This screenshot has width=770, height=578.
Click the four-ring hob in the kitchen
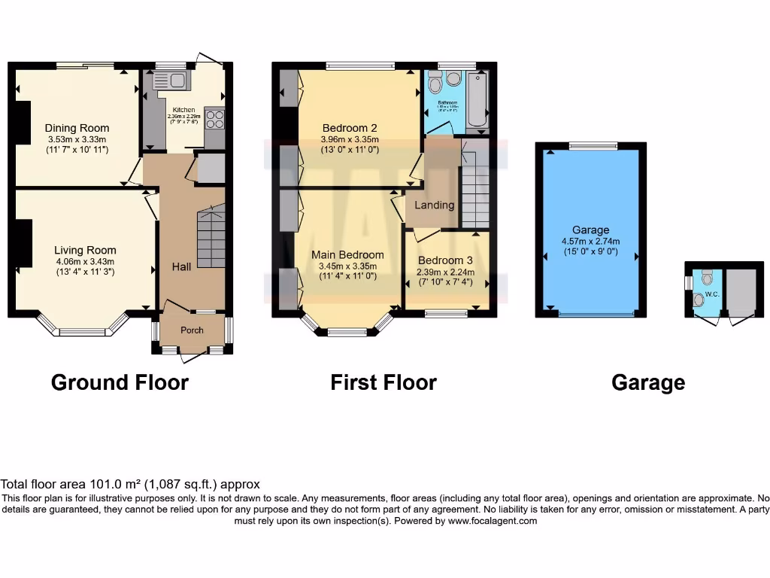point(214,120)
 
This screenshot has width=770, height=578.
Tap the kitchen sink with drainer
point(172,81)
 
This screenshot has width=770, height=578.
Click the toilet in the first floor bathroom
point(453,78)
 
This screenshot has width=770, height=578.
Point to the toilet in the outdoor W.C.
point(706,278)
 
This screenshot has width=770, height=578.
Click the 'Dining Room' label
point(77,128)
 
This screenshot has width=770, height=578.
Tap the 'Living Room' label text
point(85,251)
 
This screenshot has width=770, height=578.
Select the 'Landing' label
point(435,205)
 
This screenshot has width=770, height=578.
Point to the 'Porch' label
point(192,330)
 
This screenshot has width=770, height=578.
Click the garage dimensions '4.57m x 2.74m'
point(590,241)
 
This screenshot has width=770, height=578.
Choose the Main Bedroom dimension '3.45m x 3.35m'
point(347,266)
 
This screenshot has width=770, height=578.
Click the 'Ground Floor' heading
point(120,382)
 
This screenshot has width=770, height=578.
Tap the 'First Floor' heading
point(383,382)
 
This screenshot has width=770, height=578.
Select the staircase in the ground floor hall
point(211,239)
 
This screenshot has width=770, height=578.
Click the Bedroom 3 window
point(447,312)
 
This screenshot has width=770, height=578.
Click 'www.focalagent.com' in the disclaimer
point(493,521)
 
